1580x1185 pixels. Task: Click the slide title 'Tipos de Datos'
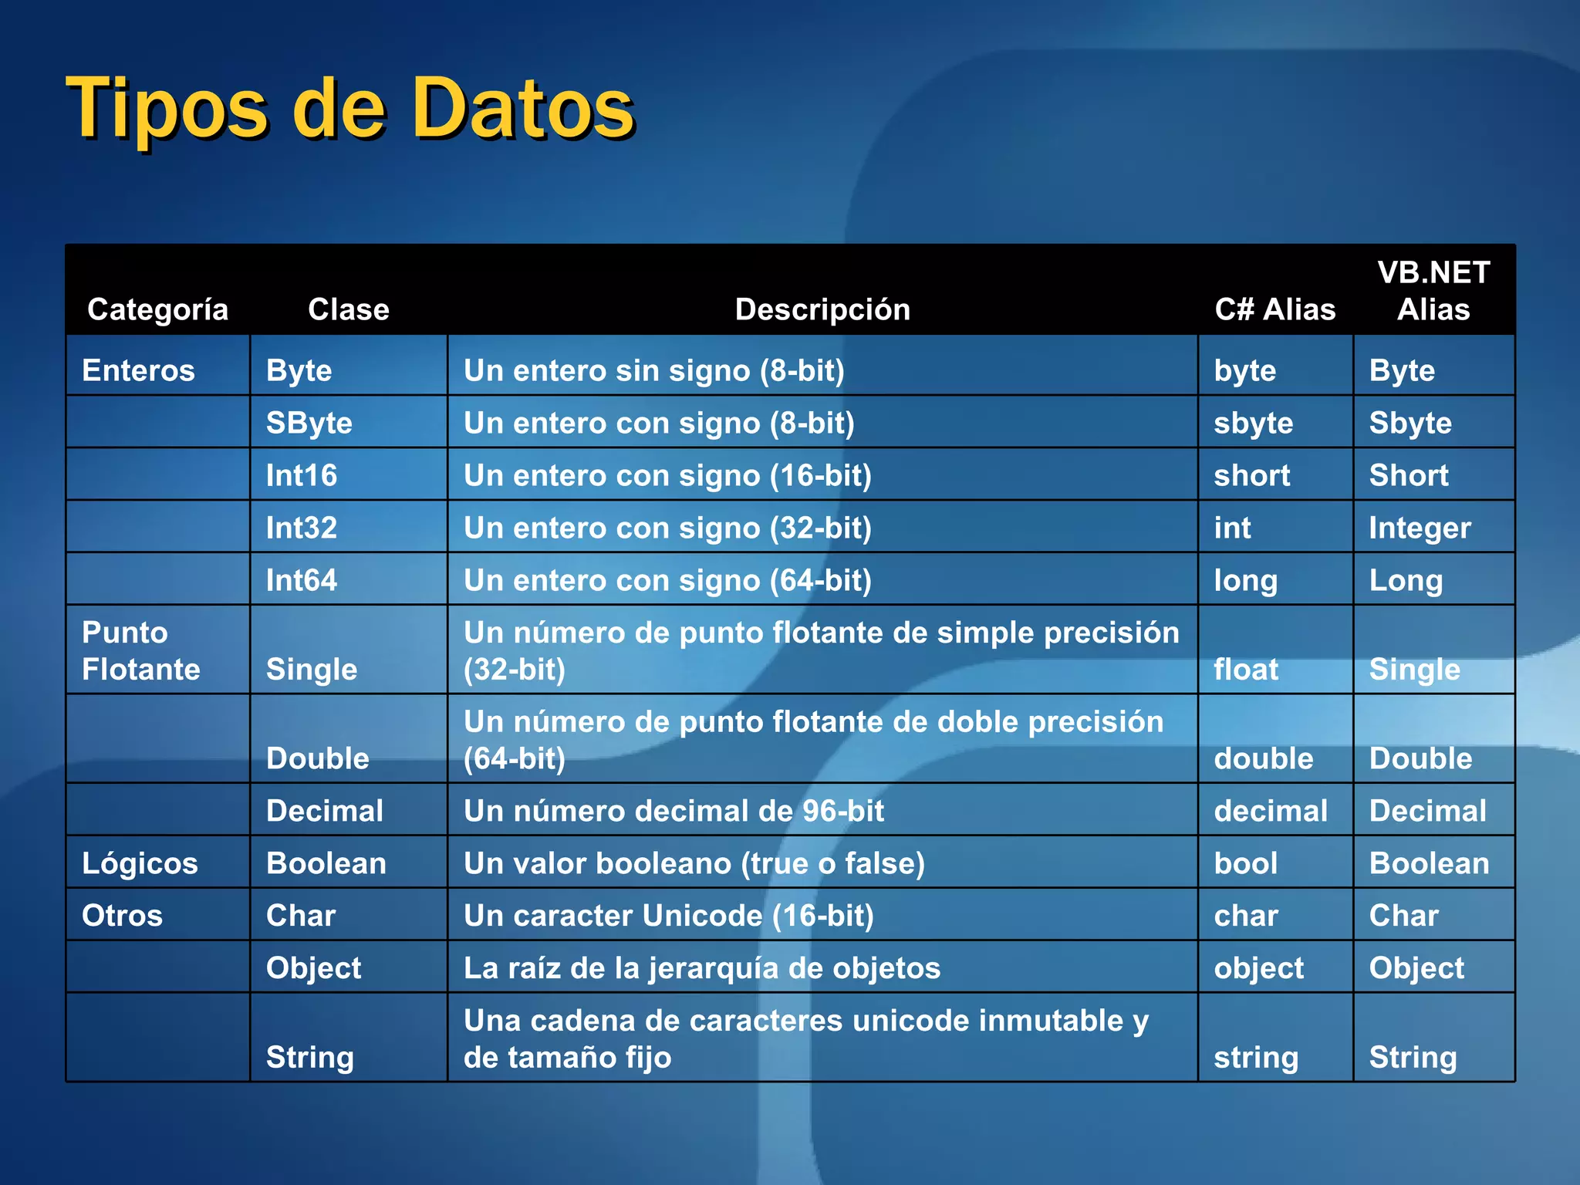351,109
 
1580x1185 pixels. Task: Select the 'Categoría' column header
157,309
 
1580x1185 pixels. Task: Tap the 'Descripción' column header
822,309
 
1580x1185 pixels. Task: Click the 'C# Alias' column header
1274,309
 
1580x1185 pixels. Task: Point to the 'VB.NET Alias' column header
1433,291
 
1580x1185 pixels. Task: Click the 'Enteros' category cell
139,370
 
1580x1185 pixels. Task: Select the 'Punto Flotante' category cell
141,650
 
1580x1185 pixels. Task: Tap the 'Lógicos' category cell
140,863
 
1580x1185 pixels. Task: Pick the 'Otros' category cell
123,916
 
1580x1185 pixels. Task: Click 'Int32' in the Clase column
302,528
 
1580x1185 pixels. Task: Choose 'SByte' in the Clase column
309,423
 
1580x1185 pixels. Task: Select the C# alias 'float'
1246,669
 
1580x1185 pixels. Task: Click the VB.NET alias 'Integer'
1420,528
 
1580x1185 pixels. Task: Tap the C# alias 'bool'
1246,863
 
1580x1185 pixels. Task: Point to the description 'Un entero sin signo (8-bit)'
654,370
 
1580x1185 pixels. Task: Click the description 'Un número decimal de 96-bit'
674,811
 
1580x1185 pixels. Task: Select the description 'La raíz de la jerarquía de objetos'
702,968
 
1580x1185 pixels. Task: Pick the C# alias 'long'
1246,580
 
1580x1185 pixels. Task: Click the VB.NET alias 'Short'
1409,475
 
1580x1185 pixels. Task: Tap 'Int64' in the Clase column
302,580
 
